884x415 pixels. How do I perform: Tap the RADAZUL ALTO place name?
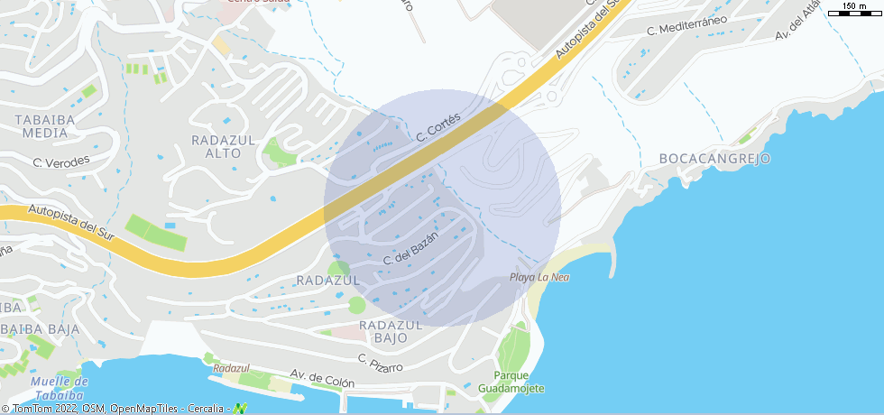[x=224, y=146]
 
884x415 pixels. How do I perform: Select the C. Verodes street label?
[x=61, y=162]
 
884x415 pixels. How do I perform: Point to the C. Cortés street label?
[x=438, y=127]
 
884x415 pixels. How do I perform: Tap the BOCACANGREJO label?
[x=715, y=159]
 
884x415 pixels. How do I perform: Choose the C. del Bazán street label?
[x=410, y=248]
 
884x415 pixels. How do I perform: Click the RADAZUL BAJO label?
[x=391, y=331]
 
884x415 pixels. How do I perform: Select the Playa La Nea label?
[x=539, y=277]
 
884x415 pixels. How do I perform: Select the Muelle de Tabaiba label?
[x=59, y=388]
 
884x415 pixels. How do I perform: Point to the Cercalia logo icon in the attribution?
[x=240, y=409]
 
